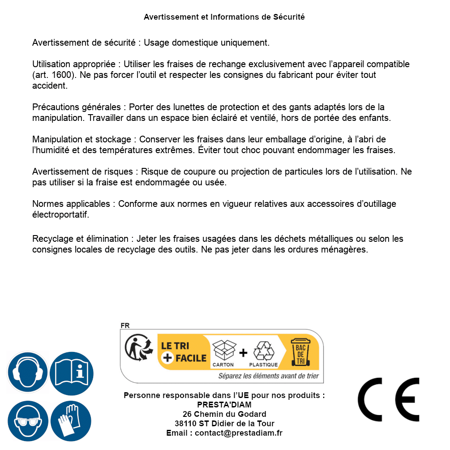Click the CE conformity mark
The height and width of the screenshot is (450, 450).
389,399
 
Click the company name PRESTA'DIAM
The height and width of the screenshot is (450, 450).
224,405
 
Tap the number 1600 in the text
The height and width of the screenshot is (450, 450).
60,75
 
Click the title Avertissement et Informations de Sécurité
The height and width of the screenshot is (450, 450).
224,17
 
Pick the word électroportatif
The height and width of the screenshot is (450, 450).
60,214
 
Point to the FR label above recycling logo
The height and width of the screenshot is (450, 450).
125,326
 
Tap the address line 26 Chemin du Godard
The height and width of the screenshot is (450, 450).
224,414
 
